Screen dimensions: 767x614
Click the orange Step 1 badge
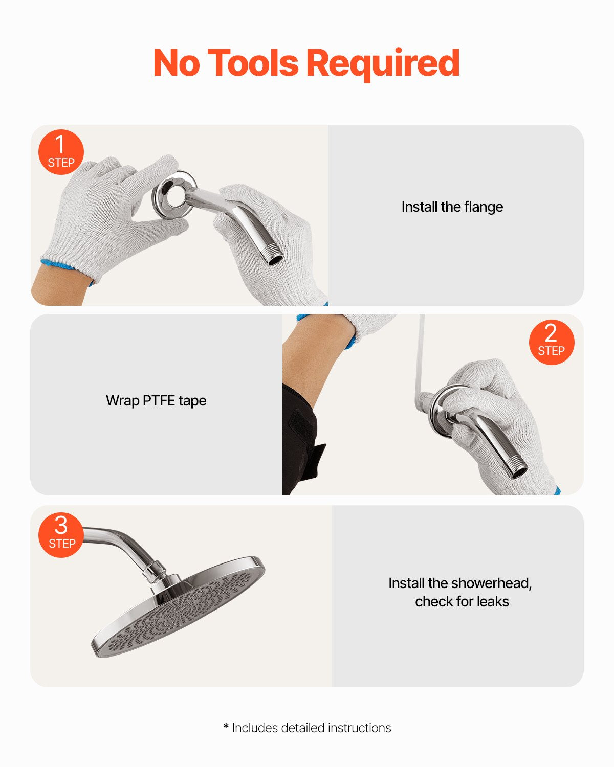(61, 152)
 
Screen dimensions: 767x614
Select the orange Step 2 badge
(551, 343)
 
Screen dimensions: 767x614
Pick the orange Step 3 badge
(61, 534)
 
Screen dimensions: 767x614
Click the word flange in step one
(484, 207)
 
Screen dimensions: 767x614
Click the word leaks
(493, 602)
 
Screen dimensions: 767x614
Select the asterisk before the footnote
(226, 727)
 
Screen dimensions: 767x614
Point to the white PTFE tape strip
(421, 358)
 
